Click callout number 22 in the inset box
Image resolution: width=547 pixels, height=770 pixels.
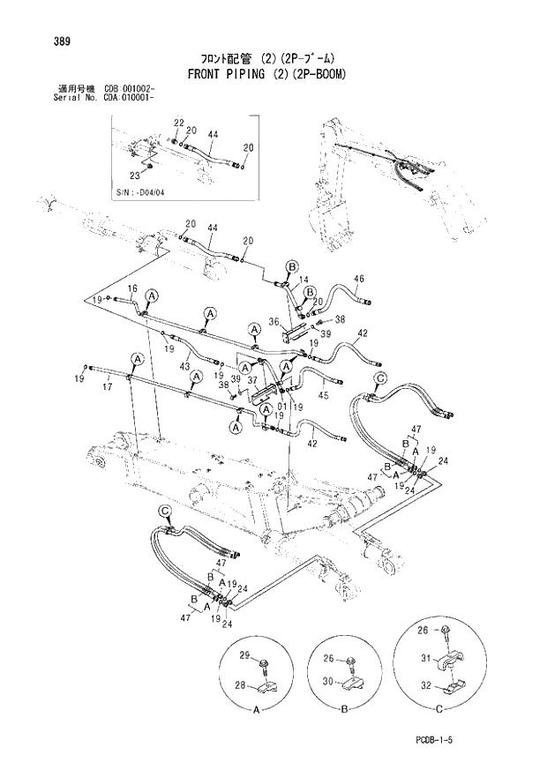177,123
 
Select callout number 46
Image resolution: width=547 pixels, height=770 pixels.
358,279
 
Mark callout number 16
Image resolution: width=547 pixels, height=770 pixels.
132,288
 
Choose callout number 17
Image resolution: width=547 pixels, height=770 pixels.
109,385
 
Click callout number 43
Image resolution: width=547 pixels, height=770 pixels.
184,366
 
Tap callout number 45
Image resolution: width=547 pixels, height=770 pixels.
324,395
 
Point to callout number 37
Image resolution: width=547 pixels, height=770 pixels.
252,380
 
